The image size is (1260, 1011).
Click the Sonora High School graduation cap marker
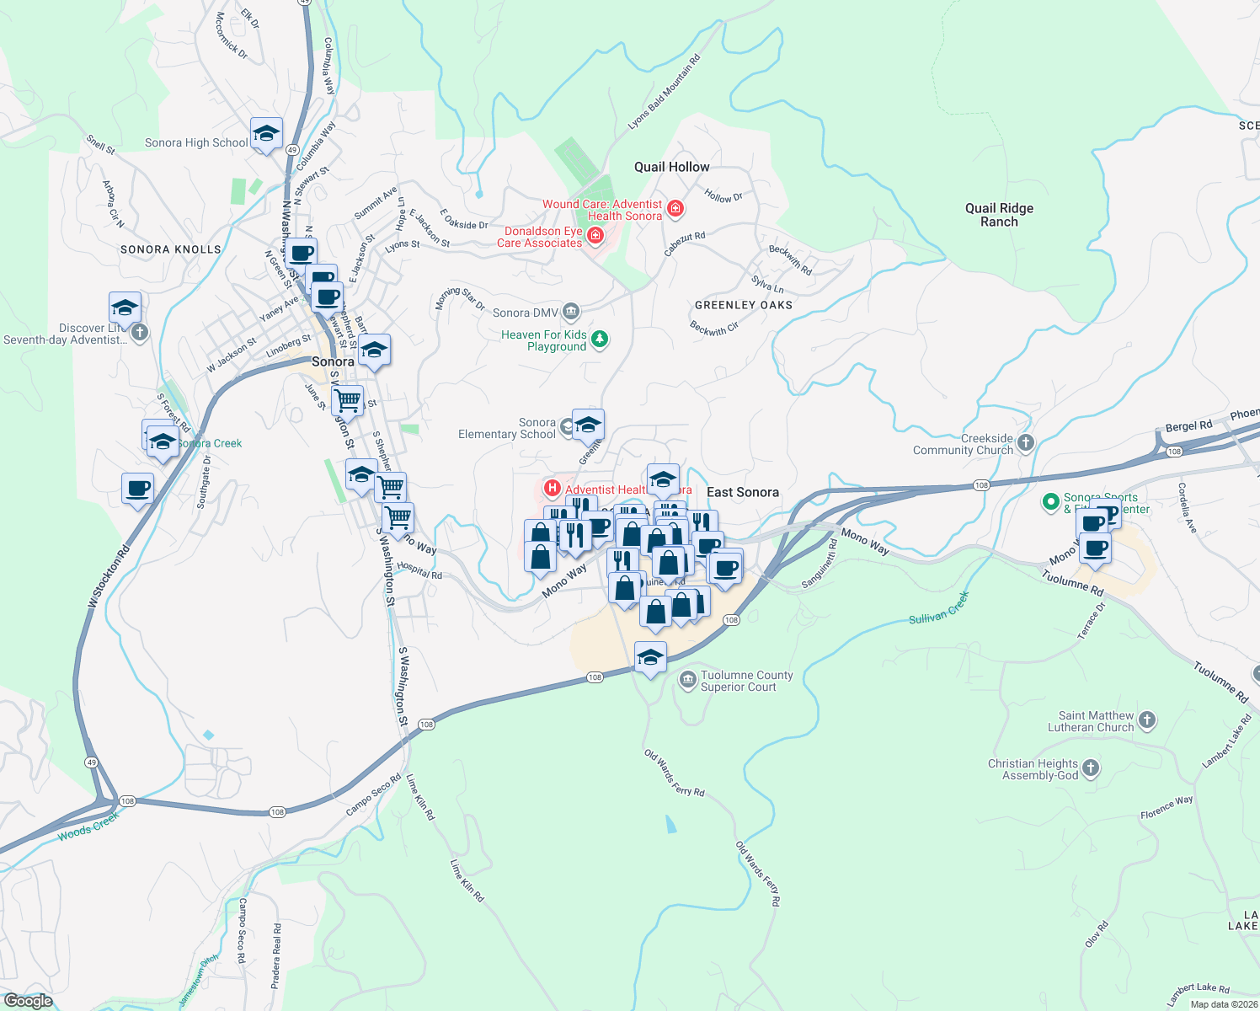coord(266,134)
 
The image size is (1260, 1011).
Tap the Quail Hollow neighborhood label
coord(671,167)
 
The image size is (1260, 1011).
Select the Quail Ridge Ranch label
coord(999,215)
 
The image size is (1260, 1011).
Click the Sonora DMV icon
coord(571,313)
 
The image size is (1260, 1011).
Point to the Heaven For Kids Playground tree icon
coord(599,340)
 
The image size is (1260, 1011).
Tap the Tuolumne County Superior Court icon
coord(687,679)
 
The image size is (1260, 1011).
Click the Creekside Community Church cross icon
coord(1025,443)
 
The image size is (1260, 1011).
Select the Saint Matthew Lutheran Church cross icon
coord(1146,720)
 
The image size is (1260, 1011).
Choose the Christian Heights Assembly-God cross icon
coord(1091,768)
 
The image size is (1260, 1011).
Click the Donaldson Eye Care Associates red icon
coord(595,236)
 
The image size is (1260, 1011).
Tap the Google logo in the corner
coord(28,1000)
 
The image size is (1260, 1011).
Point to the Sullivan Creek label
coord(938,607)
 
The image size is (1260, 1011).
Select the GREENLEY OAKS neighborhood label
coord(743,305)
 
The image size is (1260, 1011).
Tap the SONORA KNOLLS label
coord(170,249)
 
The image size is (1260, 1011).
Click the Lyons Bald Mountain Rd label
coord(664,93)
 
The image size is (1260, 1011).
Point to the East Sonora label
coord(742,492)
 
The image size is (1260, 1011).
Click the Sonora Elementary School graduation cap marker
coord(588,424)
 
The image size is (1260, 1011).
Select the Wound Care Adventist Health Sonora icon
coord(675,208)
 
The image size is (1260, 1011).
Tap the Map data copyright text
coord(1224,1004)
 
